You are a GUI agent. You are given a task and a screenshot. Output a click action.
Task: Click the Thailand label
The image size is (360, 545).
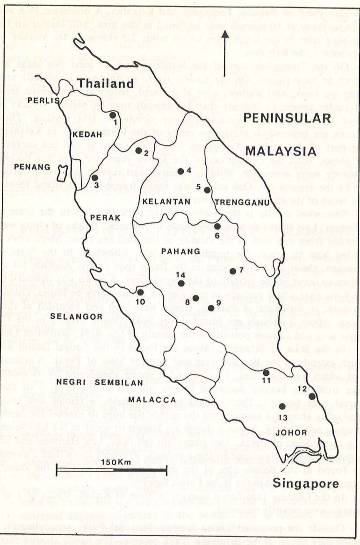(x=105, y=84)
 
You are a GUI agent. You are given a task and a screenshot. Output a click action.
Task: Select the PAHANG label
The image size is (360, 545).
(x=173, y=251)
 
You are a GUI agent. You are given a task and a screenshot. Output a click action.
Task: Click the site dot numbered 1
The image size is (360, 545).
(x=113, y=115)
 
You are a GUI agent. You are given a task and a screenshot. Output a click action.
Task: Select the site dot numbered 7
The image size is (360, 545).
(x=233, y=271)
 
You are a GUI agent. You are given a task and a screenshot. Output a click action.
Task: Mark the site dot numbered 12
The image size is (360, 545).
(x=312, y=396)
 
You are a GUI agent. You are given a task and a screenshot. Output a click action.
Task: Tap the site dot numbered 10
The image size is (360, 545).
(x=140, y=292)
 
